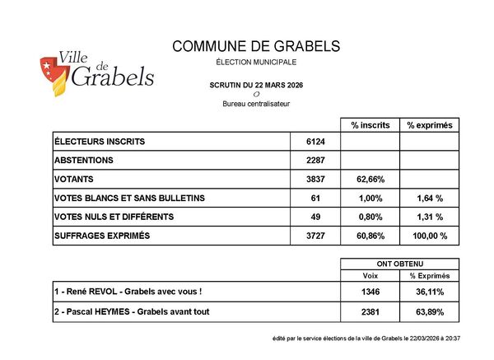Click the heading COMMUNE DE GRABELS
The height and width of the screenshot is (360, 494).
pyautogui.click(x=256, y=47)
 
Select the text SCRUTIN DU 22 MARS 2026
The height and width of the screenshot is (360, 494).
pyautogui.click(x=256, y=85)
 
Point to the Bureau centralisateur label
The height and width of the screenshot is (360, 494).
pyautogui.click(x=256, y=104)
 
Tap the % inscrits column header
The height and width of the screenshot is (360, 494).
pyautogui.click(x=369, y=125)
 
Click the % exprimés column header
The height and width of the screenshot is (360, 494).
pyautogui.click(x=430, y=125)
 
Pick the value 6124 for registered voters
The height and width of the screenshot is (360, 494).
pyautogui.click(x=316, y=142)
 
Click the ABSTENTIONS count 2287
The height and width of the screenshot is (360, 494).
pyautogui.click(x=316, y=161)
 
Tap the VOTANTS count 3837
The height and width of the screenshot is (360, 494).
pyautogui.click(x=316, y=180)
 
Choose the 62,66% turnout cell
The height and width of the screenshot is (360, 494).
pyautogui.click(x=369, y=180)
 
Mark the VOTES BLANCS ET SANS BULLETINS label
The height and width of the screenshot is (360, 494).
pyautogui.click(x=129, y=199)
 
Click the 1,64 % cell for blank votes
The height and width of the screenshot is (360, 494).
pyautogui.click(x=430, y=199)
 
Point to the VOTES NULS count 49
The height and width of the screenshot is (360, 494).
pyautogui.click(x=316, y=217)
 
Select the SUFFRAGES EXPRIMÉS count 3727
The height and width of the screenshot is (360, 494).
pyautogui.click(x=316, y=236)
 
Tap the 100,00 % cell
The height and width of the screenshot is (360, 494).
pyautogui.click(x=430, y=236)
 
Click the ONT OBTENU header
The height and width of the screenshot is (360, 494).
pyautogui.click(x=399, y=264)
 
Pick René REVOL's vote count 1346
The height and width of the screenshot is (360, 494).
pyautogui.click(x=370, y=292)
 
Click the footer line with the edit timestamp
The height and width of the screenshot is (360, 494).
pyautogui.click(x=366, y=339)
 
